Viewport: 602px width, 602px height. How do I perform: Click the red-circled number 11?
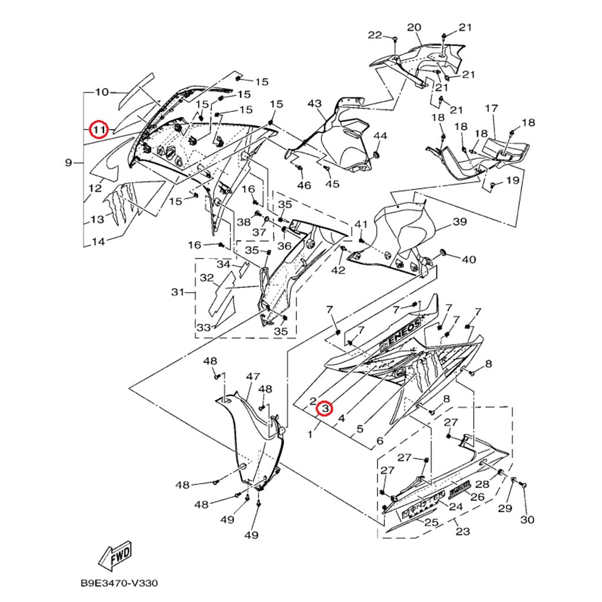pyautogui.click(x=99, y=129)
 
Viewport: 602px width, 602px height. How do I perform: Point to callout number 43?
pyautogui.click(x=315, y=104)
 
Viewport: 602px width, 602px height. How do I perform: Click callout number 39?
pyautogui.click(x=459, y=222)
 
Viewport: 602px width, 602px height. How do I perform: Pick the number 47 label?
pyautogui.click(x=253, y=376)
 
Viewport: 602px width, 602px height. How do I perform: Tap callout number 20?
pyautogui.click(x=414, y=28)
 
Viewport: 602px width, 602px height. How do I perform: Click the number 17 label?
pyautogui.click(x=491, y=109)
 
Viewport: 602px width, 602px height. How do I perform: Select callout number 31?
pyautogui.click(x=178, y=292)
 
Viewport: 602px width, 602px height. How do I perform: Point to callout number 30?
pyautogui.click(x=527, y=519)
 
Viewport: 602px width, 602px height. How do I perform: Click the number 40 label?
pyautogui.click(x=468, y=259)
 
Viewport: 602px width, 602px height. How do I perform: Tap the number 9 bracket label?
pyautogui.click(x=69, y=162)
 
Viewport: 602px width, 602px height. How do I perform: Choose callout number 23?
pyautogui.click(x=463, y=531)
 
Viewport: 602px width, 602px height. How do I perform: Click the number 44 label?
pyautogui.click(x=380, y=136)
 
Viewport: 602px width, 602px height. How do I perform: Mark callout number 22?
pyautogui.click(x=375, y=35)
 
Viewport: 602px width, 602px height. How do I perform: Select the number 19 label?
pyautogui.click(x=513, y=180)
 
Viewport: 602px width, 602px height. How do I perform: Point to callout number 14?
pyautogui.click(x=99, y=241)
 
